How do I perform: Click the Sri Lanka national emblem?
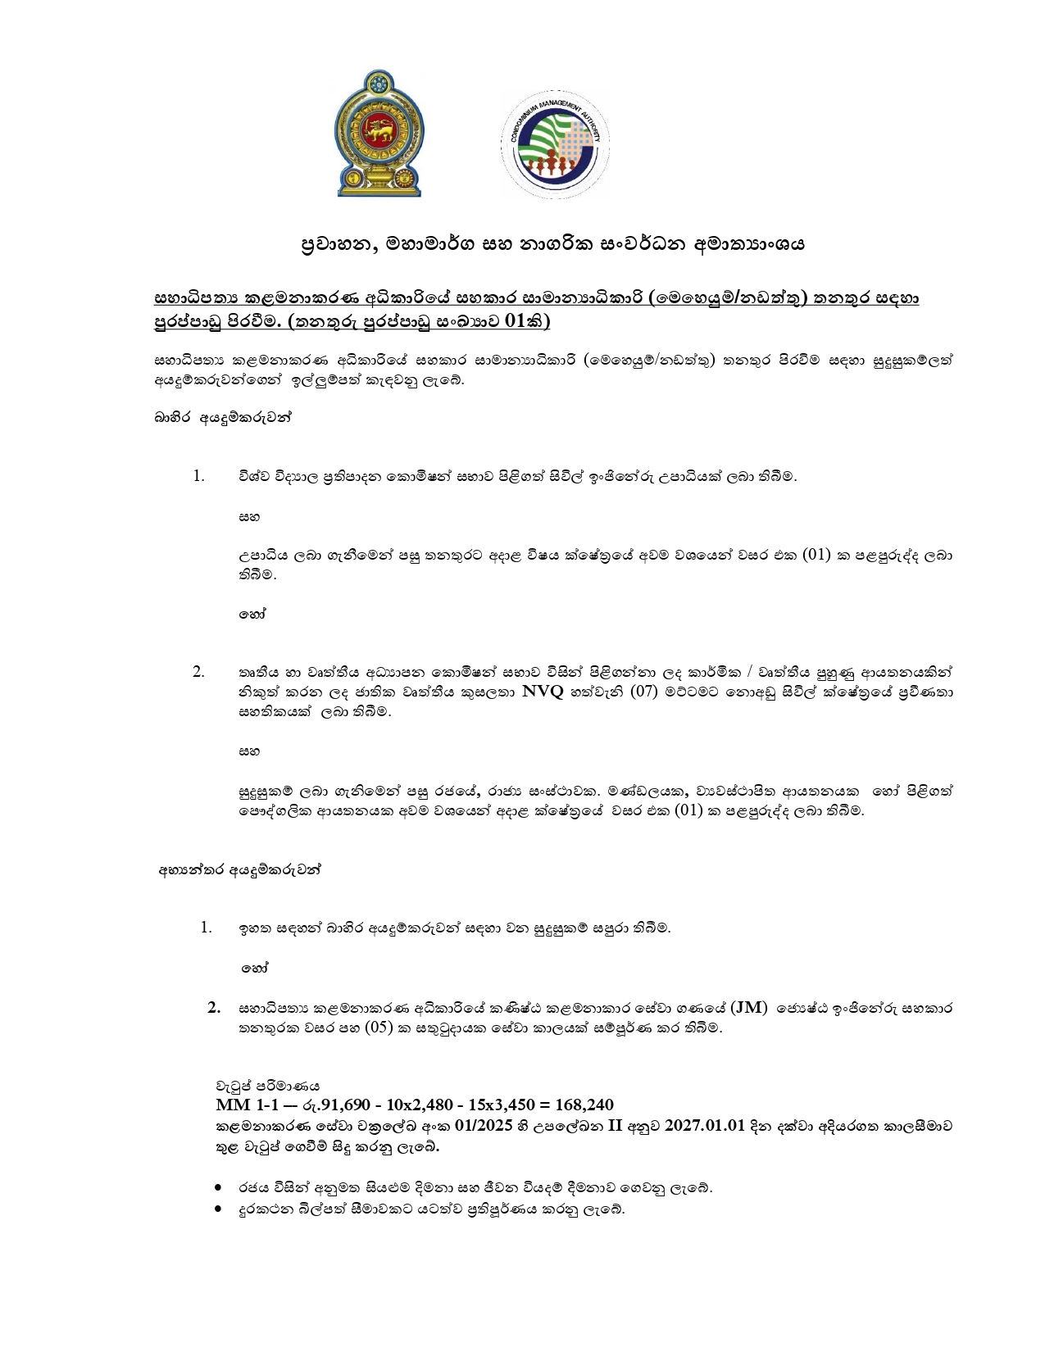[378, 134]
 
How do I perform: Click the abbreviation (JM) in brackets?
[748, 1007]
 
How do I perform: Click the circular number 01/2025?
[452, 1125]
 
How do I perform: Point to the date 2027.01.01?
[705, 1125]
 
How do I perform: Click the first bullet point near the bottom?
[218, 1187]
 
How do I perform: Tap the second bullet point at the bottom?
[218, 1209]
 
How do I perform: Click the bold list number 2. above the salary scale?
[215, 1007]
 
